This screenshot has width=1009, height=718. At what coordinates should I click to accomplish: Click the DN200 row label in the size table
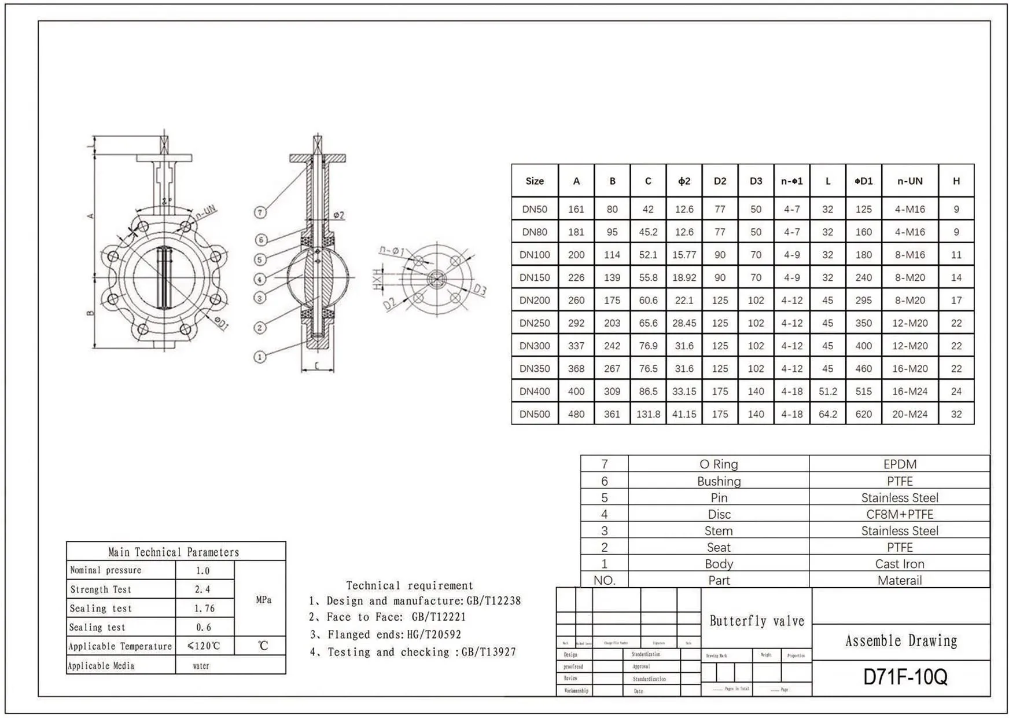pos(534,300)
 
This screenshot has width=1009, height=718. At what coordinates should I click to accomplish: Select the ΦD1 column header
pos(863,181)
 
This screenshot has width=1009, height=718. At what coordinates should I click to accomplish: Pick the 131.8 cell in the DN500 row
pos(648,414)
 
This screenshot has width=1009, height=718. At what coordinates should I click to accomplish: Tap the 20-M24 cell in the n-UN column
pos(909,414)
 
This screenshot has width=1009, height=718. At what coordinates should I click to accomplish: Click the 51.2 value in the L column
pos(827,391)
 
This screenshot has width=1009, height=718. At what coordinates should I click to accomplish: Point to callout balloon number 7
pos(260,213)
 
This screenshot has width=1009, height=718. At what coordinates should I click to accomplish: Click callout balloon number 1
pos(260,357)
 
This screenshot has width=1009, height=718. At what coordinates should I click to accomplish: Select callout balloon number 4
pos(260,279)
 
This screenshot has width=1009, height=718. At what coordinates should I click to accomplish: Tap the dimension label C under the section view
pos(317,365)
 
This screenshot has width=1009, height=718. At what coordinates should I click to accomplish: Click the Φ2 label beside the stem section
pos(339,215)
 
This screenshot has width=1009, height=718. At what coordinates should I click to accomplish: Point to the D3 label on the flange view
pos(480,289)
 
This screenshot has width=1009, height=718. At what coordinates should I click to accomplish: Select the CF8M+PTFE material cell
pos(899,514)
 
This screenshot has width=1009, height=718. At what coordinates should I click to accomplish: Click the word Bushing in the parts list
pos(719,481)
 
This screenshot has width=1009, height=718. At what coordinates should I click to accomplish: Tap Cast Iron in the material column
pos(899,564)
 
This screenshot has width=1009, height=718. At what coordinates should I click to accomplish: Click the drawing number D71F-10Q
pos(905,676)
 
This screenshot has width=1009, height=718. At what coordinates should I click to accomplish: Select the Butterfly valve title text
pos(757,621)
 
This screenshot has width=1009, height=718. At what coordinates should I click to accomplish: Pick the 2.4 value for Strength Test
pos(202,589)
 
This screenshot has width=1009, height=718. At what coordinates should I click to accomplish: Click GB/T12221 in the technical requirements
pos(439,617)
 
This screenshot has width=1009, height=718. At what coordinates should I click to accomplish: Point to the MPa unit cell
pos(263,600)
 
